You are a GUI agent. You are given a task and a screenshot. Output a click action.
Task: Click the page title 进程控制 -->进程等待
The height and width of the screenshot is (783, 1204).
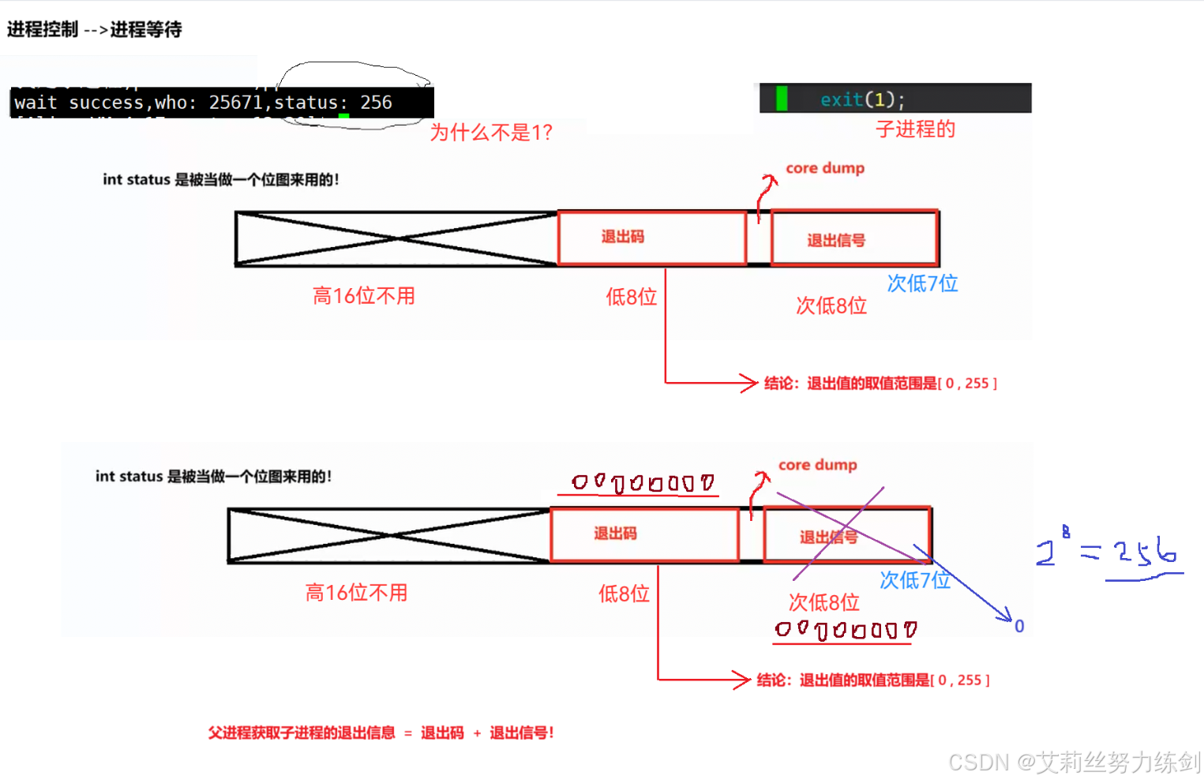[x=95, y=30]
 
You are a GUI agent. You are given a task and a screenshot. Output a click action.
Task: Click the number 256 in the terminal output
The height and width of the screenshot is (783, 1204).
[x=376, y=103]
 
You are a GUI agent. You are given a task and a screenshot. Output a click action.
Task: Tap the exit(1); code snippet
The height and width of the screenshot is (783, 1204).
[x=862, y=99]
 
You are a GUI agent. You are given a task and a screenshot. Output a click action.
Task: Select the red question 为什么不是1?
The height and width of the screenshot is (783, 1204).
[x=490, y=133]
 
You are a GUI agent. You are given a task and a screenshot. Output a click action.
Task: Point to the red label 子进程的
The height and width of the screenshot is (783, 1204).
[x=915, y=129]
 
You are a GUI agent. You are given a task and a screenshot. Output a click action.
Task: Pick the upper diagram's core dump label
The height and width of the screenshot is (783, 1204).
[x=825, y=168]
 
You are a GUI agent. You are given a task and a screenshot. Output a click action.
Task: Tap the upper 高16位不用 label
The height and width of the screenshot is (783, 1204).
[x=364, y=296]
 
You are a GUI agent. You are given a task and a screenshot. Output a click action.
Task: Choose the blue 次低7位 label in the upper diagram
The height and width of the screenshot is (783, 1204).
[x=922, y=283]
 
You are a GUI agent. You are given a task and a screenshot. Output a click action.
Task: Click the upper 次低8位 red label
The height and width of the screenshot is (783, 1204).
[x=831, y=305]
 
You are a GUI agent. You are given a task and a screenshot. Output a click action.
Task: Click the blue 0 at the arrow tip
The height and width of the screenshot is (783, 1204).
[x=1019, y=627]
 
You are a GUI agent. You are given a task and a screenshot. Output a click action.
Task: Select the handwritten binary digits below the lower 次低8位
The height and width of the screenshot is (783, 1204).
[x=845, y=630]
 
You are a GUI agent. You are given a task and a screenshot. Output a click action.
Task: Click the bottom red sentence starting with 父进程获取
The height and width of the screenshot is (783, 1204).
[x=381, y=733]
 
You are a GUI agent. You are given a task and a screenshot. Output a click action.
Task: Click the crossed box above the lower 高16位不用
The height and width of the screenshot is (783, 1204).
[x=388, y=535]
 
